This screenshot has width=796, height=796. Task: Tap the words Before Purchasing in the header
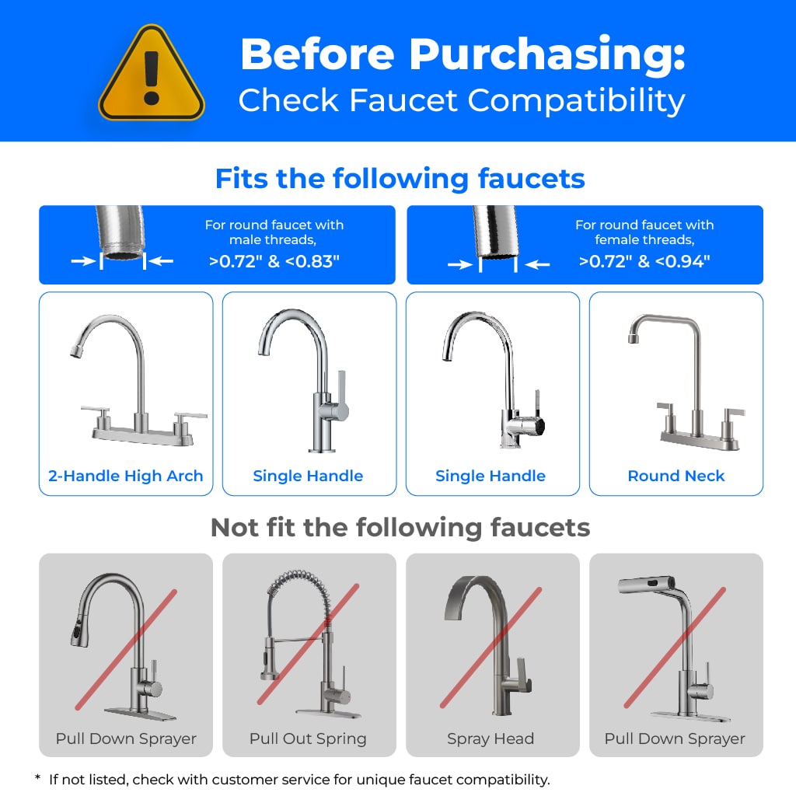(462, 54)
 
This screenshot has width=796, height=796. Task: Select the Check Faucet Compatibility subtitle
(462, 101)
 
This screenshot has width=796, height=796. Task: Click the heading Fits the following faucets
(400, 179)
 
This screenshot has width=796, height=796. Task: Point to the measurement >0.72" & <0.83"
(274, 261)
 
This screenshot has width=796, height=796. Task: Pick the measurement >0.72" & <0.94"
(644, 261)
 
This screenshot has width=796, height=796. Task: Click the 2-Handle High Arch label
(126, 476)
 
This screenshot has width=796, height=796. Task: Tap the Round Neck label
(676, 476)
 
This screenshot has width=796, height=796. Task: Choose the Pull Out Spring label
(308, 738)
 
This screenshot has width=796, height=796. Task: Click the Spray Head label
(491, 738)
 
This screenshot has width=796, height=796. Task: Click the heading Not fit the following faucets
(400, 528)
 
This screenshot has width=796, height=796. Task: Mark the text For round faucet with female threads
(644, 232)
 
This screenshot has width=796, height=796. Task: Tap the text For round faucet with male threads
(274, 232)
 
